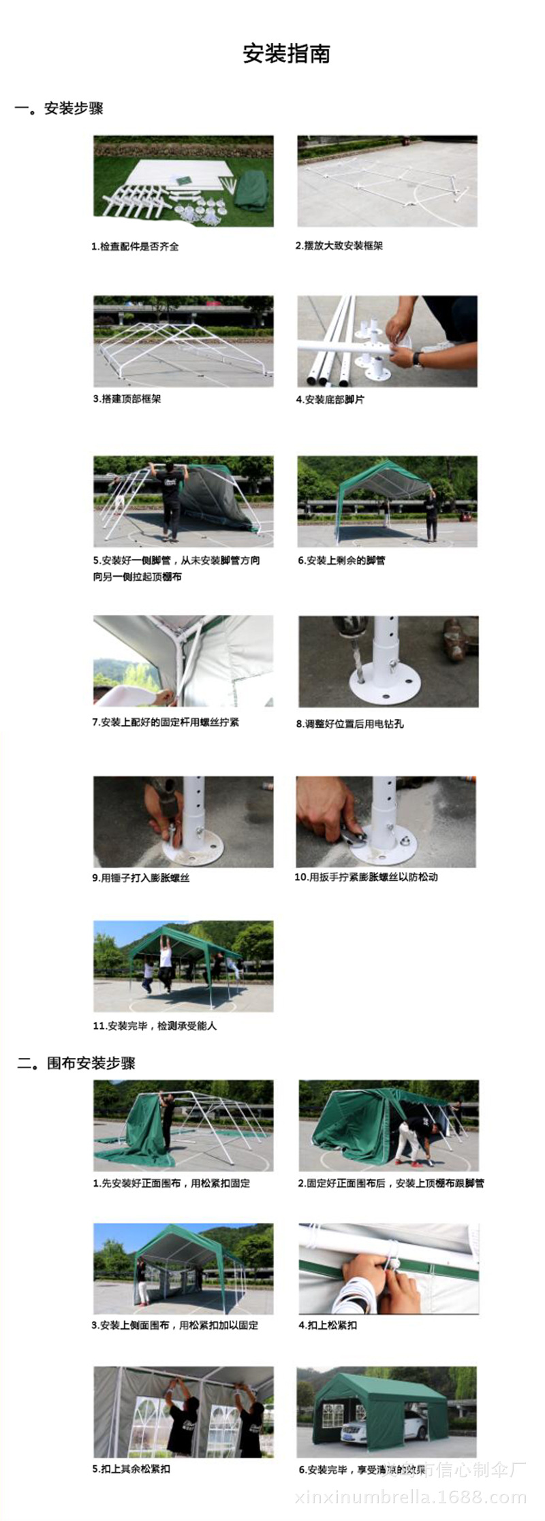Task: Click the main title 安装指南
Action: (286, 54)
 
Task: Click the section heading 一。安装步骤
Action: (59, 108)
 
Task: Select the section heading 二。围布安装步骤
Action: (76, 1063)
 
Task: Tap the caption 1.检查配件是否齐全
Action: (135, 246)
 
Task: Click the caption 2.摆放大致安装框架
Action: (339, 246)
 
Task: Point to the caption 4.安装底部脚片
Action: (330, 400)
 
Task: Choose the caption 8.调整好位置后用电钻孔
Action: (349, 724)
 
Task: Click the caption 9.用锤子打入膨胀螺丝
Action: (141, 878)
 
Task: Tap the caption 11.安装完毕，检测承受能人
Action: (155, 1025)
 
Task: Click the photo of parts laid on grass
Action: (183, 181)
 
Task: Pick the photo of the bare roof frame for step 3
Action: (183, 341)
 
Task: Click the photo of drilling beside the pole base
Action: (388, 661)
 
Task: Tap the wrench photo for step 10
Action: (386, 822)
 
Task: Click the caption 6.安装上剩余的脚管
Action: (341, 560)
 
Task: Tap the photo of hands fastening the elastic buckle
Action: (388, 1268)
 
